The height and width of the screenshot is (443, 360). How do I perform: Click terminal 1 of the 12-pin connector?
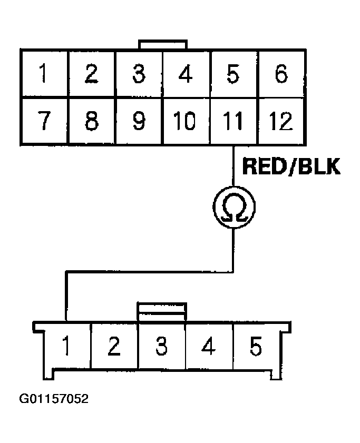tap(44, 74)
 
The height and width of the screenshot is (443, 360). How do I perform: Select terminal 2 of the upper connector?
tap(91, 74)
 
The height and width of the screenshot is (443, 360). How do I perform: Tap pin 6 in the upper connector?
tap(281, 74)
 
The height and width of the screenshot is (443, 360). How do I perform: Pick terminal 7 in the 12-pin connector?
tap(44, 122)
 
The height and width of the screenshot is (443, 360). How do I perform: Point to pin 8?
tap(91, 122)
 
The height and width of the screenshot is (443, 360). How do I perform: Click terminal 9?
tap(139, 122)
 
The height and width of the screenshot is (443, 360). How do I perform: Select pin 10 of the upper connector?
tap(186, 122)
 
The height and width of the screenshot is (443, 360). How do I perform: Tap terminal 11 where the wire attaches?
tap(233, 122)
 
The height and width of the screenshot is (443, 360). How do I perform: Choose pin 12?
tap(281, 122)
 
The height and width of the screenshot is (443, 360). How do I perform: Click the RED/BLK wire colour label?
tap(291, 167)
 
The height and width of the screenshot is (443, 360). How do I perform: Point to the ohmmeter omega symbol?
tap(233, 207)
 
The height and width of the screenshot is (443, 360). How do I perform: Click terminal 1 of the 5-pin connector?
tap(67, 348)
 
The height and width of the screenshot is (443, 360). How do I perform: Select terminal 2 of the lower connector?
tap(114, 348)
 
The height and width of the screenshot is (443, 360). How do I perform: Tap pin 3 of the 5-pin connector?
tap(161, 348)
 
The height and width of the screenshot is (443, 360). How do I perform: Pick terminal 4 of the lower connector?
tap(209, 348)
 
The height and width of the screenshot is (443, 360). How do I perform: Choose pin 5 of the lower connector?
tap(256, 348)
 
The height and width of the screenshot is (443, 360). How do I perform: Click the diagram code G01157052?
tap(54, 399)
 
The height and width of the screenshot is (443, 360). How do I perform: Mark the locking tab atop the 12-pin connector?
tap(162, 44)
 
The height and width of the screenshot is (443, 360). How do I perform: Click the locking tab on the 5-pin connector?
tap(162, 311)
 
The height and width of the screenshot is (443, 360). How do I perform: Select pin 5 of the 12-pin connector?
tap(233, 74)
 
